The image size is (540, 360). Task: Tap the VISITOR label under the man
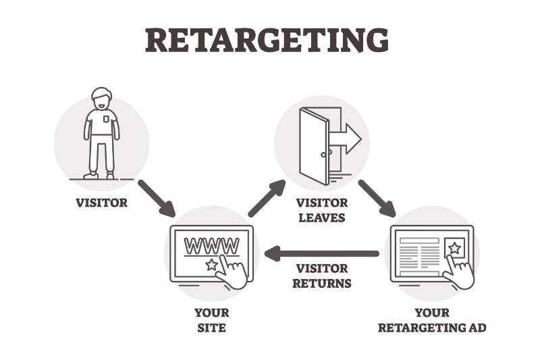101,202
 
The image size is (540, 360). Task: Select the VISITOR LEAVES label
321,210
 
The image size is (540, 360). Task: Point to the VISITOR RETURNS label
321,276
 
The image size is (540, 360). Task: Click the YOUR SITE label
211,320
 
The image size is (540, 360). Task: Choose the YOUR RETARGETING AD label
432,320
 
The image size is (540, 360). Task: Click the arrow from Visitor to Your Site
157,197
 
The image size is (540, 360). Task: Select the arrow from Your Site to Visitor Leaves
267,197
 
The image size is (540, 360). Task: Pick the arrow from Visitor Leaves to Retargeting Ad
377,197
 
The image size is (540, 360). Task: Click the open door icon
313,145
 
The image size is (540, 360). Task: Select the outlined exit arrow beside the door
346,138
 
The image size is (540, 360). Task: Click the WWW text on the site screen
211,244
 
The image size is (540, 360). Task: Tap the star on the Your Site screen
211,265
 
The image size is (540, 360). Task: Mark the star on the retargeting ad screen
454,248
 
